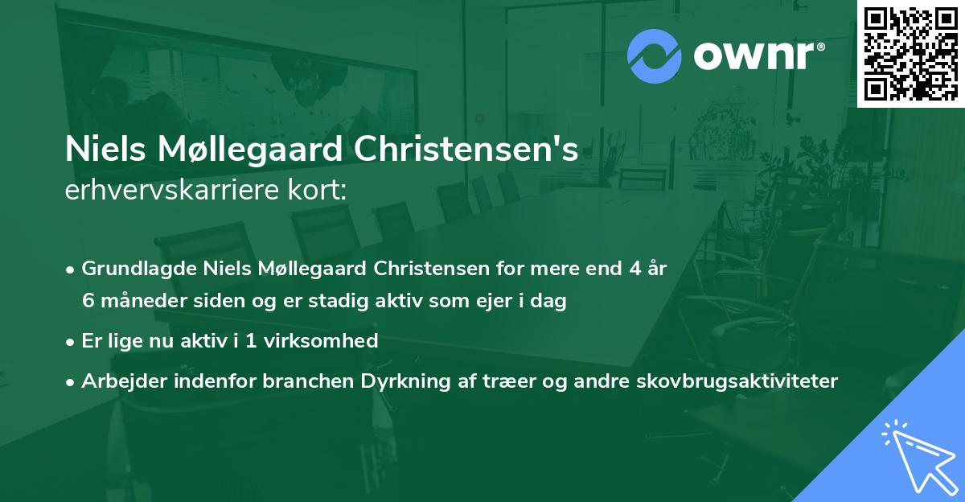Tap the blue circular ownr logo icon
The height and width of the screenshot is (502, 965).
pyautogui.click(x=654, y=56)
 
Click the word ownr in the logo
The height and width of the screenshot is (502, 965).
pyautogui.click(x=757, y=56)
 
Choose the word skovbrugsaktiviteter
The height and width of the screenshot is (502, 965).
pyautogui.click(x=750, y=381)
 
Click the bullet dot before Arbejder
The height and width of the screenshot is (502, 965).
pyautogui.click(x=72, y=382)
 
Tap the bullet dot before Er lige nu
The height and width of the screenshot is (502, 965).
pyautogui.click(x=72, y=342)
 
